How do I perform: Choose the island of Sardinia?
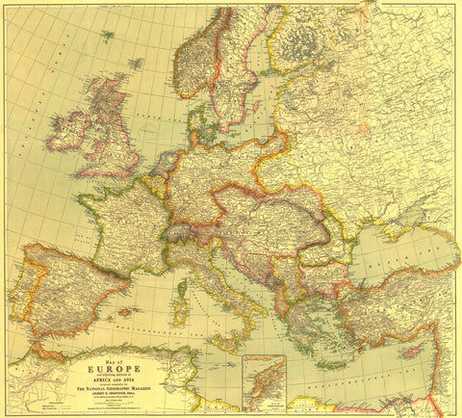[180, 311]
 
